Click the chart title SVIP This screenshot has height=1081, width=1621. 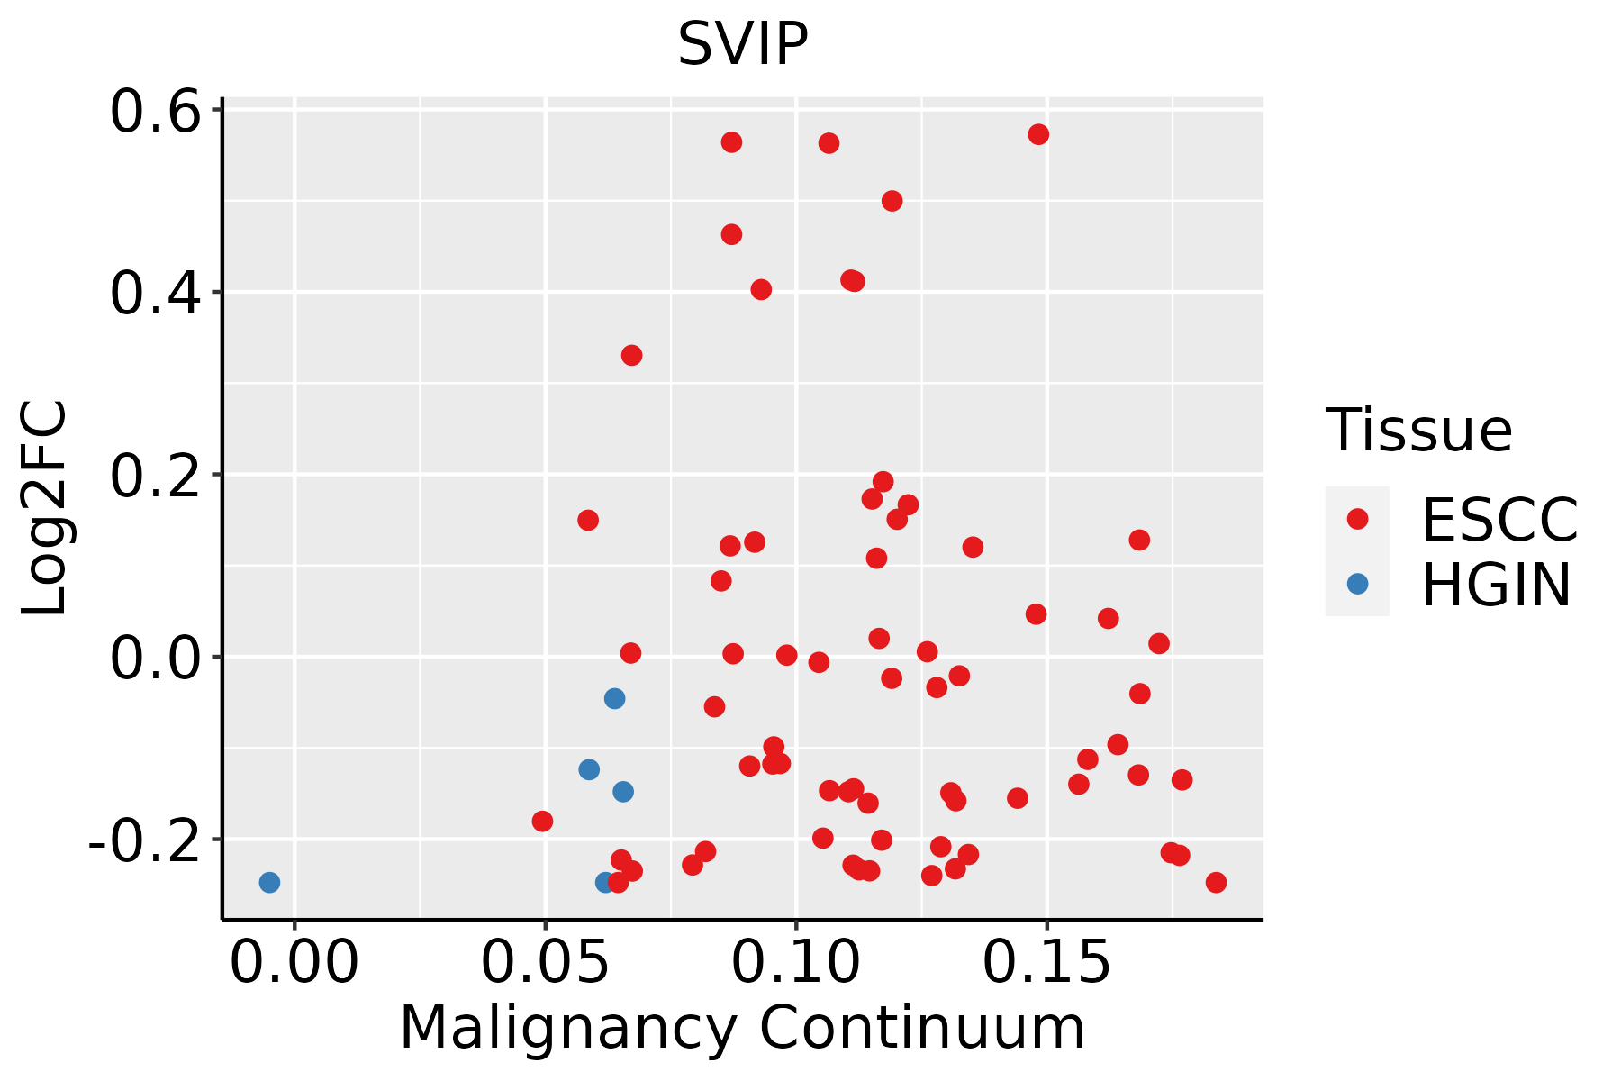742,44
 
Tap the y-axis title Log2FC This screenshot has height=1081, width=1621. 45,509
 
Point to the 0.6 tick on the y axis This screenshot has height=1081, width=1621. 154,112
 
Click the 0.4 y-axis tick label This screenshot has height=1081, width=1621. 154,294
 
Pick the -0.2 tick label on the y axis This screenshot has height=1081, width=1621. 143,840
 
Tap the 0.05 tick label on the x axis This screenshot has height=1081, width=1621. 545,963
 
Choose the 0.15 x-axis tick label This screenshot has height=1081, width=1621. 1046,963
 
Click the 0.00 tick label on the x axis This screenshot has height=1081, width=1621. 294,963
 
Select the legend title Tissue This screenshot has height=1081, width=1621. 1418,431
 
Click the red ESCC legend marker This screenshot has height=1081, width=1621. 1357,519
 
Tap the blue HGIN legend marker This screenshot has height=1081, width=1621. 1357,584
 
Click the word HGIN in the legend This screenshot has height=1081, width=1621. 1496,586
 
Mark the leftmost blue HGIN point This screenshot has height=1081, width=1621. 269,882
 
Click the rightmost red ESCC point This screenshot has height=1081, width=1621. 1216,882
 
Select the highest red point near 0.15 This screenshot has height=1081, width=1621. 1038,134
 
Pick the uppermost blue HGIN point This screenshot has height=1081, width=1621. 614,698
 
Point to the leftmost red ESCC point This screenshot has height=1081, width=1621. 542,821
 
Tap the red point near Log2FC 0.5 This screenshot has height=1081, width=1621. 892,201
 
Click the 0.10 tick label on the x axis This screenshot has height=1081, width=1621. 795,963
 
